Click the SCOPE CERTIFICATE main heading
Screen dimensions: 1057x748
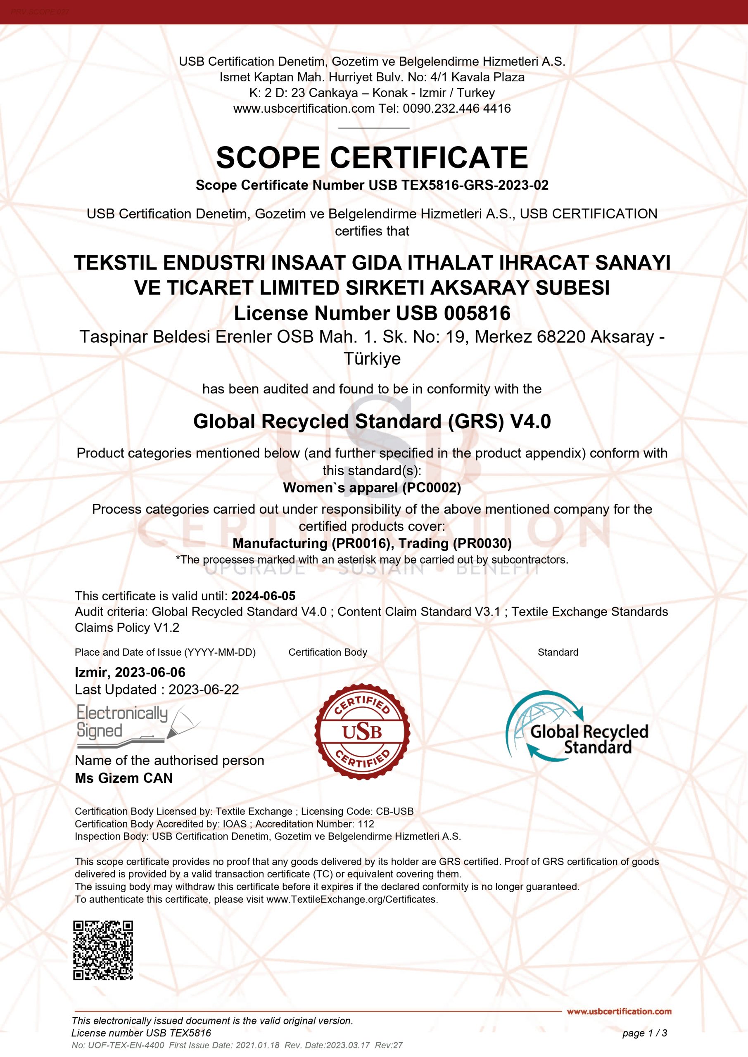click(x=372, y=157)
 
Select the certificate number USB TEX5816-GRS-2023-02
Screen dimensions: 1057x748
click(x=458, y=185)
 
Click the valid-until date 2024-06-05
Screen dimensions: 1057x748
click(x=263, y=596)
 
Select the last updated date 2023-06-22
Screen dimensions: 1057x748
click(x=203, y=690)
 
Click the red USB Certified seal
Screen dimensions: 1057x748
click(x=362, y=732)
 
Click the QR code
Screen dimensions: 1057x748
click(x=103, y=950)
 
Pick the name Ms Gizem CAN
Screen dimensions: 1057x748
click(x=123, y=778)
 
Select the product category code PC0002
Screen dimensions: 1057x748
click(x=431, y=488)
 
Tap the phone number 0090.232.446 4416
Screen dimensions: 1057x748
click(x=456, y=109)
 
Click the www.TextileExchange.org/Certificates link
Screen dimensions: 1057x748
click(x=351, y=899)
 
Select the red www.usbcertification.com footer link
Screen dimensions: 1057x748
click(x=619, y=1012)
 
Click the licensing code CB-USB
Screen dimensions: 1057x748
click(x=394, y=811)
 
